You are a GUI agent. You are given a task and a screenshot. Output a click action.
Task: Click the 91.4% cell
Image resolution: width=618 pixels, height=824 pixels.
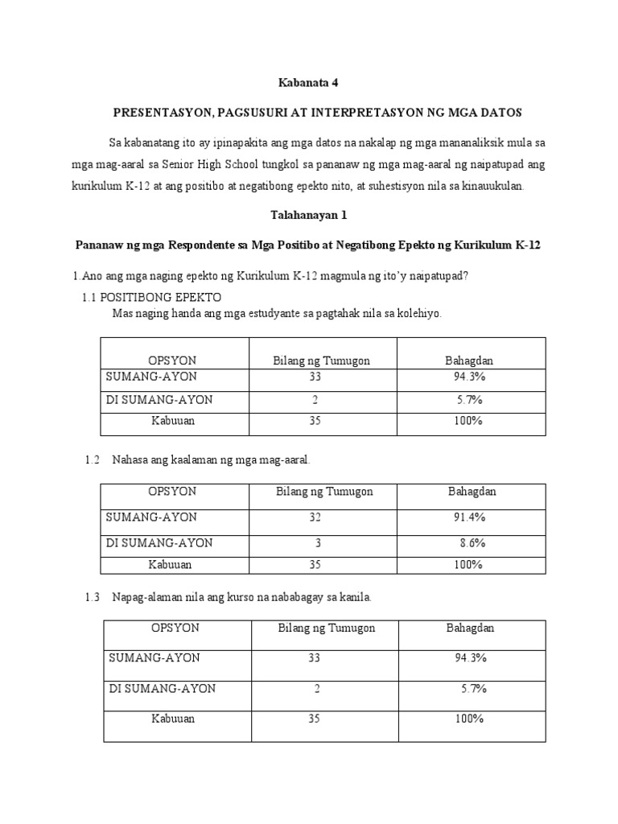(470, 517)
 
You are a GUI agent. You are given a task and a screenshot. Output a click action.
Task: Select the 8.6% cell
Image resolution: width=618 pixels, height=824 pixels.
(472, 543)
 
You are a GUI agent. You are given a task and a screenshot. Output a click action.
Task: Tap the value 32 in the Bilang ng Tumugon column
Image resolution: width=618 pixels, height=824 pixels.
(315, 517)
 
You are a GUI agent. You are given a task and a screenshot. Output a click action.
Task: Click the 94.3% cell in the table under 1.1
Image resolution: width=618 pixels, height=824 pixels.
(468, 376)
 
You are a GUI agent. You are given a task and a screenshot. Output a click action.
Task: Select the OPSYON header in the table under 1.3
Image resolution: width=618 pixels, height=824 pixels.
(175, 628)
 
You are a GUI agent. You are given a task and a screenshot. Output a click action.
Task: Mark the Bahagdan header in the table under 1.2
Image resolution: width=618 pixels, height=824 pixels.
(472, 491)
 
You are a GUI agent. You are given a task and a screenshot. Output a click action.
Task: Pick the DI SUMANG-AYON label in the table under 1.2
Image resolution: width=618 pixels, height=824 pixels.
(159, 543)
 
